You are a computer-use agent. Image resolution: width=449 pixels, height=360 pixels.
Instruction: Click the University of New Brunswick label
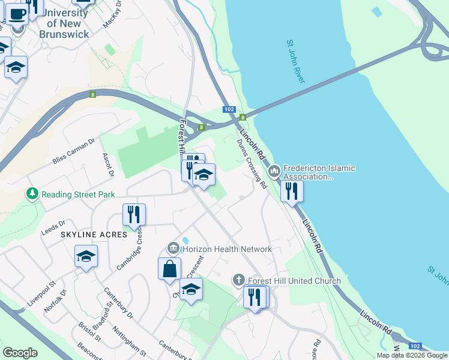pos(64,23)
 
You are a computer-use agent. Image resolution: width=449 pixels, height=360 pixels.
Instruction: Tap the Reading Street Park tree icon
pos(31,194)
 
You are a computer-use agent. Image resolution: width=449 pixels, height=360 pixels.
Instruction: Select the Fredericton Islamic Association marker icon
pos(274,172)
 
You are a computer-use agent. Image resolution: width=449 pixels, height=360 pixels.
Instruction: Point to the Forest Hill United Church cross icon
pos(239,280)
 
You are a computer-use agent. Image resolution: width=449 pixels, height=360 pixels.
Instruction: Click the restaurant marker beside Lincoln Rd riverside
pos(291,191)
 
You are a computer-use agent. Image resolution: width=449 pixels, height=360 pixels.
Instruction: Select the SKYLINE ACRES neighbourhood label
pos(94,235)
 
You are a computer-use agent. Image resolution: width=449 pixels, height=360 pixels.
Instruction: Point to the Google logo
pos(20,353)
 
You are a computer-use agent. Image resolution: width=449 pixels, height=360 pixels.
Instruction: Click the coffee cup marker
pos(16,12)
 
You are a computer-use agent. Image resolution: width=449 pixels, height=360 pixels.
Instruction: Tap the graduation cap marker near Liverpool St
pos(86,256)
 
